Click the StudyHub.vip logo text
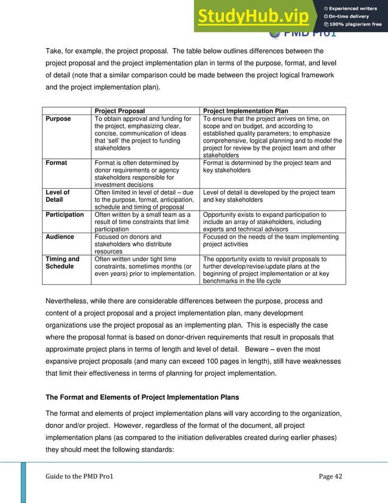tap(255, 17)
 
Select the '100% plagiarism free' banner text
tap(355, 24)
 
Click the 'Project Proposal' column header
tap(120, 111)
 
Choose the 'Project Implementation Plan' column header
tap(245, 111)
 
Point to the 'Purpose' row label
tap(58, 119)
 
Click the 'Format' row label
tap(57, 163)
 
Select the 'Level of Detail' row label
tap(58, 196)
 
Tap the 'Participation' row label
tap(65, 215)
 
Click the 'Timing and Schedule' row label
tap(63, 262)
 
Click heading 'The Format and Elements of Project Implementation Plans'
tap(142, 398)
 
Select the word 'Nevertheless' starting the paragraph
tap(69, 301)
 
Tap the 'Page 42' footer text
tap(331, 476)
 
